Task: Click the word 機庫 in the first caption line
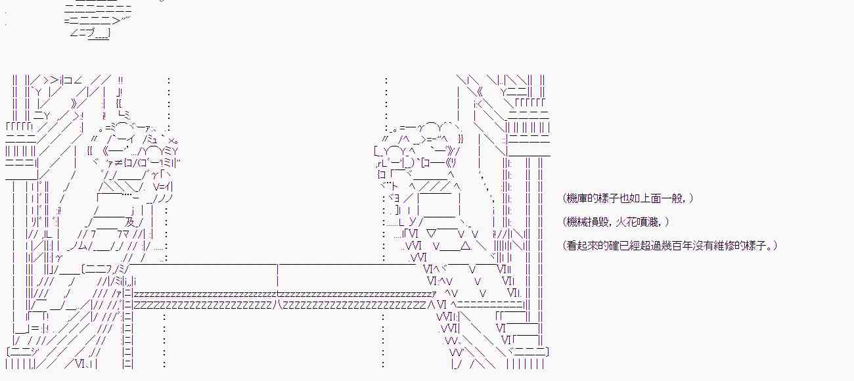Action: (x=576, y=198)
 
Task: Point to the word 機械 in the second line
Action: (x=576, y=222)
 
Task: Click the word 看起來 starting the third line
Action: (x=581, y=246)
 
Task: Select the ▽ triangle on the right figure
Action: (x=432, y=233)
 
